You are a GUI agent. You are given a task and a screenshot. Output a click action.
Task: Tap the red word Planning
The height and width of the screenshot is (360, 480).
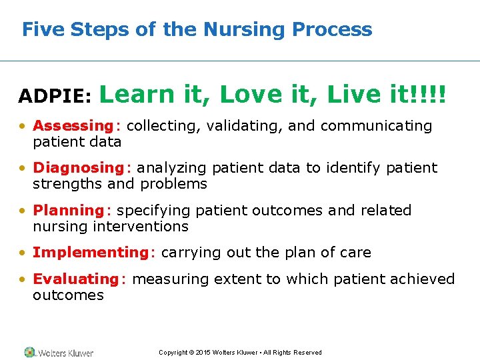click(x=69, y=210)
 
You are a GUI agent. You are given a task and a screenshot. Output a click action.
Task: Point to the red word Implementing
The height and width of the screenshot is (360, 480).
click(x=92, y=253)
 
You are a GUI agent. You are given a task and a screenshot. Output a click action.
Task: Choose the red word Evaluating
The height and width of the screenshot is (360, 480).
click(x=75, y=279)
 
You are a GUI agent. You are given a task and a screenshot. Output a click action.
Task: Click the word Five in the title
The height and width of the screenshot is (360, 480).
click(x=39, y=29)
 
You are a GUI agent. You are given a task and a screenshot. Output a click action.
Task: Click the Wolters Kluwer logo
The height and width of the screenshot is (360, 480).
click(x=59, y=352)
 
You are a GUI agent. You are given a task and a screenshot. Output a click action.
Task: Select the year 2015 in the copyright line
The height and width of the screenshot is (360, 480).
click(x=203, y=353)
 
